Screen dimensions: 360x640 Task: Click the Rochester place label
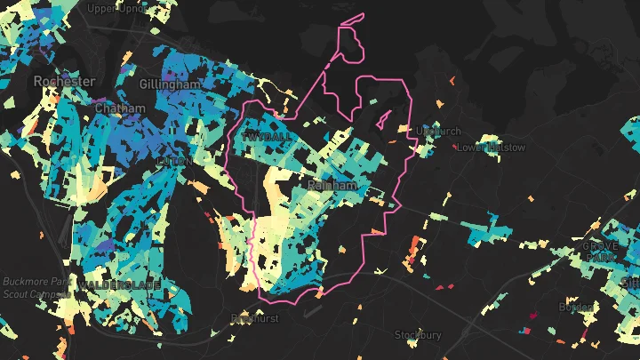[64, 81]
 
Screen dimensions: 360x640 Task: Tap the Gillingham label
[170, 84]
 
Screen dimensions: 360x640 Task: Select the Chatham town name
[119, 108]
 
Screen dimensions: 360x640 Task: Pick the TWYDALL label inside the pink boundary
[264, 138]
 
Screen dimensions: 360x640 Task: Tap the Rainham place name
[332, 185]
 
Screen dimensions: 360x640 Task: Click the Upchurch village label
[438, 132]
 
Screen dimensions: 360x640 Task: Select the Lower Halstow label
[491, 148]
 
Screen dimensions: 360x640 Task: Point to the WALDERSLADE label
[119, 284]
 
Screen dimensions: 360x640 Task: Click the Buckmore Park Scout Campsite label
[35, 287]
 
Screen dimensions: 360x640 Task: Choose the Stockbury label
[418, 335]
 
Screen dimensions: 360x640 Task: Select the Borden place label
[575, 307]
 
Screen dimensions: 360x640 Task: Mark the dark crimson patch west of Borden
[534, 316]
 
